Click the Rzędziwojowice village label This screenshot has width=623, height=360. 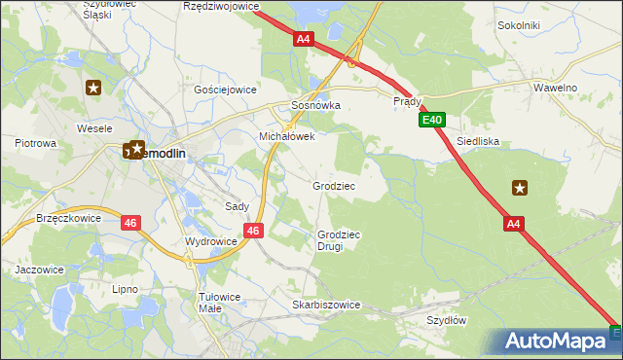pos(221,6)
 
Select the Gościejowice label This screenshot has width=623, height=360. pos(225,89)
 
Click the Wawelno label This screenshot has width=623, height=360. pos(557,88)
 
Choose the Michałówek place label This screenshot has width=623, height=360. pos(286,137)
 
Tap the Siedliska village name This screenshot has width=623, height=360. pos(477,141)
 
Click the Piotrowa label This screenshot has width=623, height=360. pos(36,143)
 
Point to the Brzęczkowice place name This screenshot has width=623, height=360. pos(68,219)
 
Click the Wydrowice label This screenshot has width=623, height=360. pos(210,241)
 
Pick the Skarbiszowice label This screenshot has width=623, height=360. pos(326,305)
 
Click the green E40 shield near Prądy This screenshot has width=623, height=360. pos(433,120)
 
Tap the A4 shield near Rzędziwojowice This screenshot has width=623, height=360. pos(304,39)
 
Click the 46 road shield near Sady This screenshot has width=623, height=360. pos(252,231)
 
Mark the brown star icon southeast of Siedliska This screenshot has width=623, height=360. pos(520,188)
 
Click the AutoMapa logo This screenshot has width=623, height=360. pos(554,341)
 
